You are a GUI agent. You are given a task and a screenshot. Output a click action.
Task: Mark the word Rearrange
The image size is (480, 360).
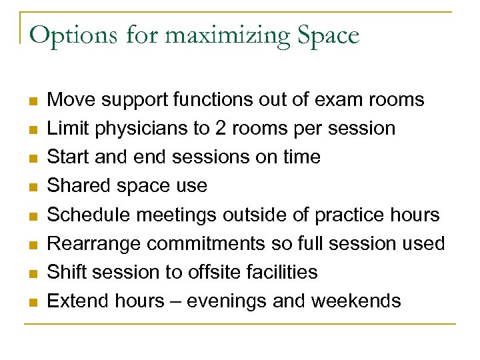[94, 243]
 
